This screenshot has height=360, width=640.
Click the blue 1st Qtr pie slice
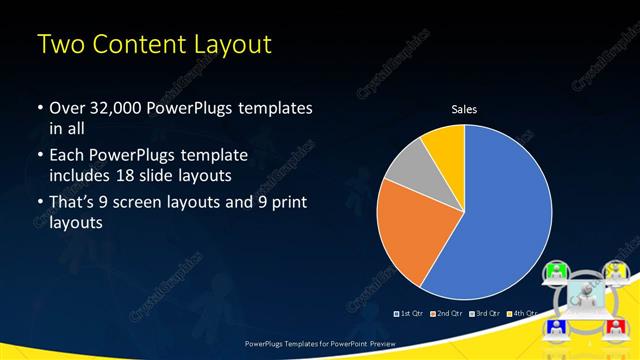[500, 210]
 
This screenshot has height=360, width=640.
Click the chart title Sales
[463, 108]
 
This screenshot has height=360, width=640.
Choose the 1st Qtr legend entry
[410, 314]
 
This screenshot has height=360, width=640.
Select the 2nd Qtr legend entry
[447, 314]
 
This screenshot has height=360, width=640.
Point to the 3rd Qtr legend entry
[486, 314]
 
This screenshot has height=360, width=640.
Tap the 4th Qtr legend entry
[523, 314]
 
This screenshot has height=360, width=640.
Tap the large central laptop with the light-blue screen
[584, 298]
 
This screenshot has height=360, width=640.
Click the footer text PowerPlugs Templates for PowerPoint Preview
[320, 343]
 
